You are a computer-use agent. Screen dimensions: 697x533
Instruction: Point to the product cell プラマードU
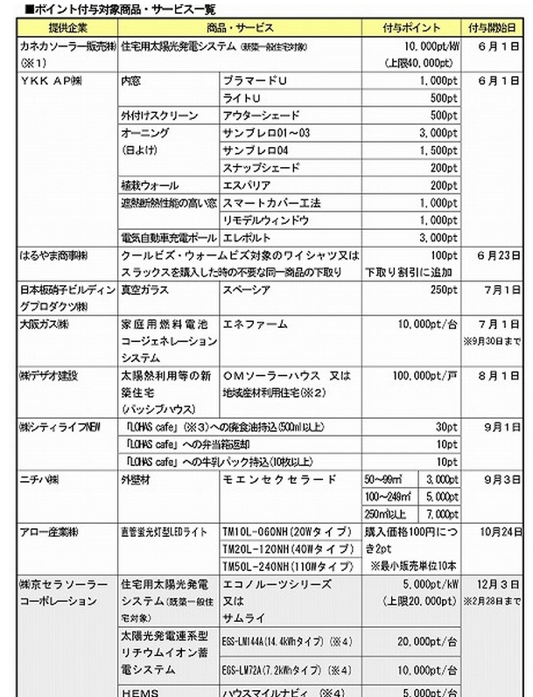coord(259,79)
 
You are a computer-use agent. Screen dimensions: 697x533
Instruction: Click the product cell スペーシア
coord(249,289)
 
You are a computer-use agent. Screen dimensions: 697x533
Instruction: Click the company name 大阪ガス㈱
coord(44,324)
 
